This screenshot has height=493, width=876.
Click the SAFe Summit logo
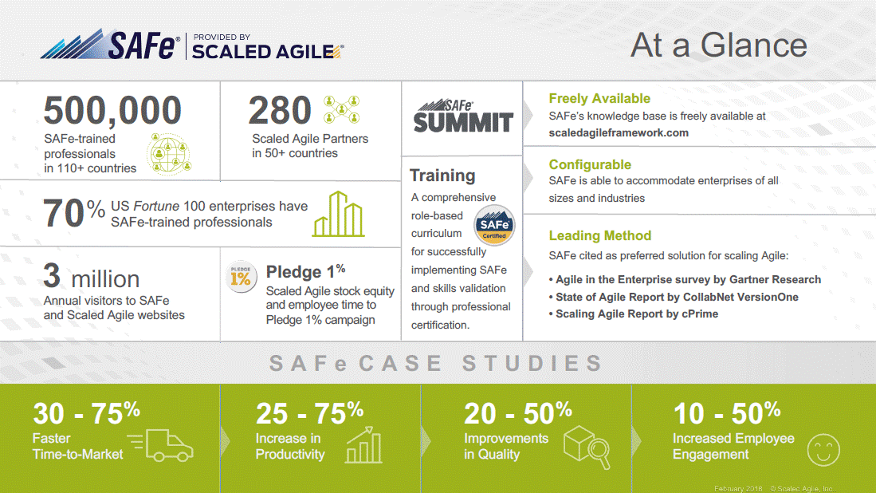coord(462,116)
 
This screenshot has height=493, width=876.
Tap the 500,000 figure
coord(113,110)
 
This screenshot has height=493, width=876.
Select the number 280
coord(280,110)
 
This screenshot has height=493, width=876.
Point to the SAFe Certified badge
coord(494,226)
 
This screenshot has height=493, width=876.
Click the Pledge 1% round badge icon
coord(241,277)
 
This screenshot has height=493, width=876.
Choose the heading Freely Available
coord(599,99)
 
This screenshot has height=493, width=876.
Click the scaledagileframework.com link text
coord(619,133)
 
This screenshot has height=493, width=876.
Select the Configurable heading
coord(590,165)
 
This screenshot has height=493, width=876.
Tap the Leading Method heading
coord(600,236)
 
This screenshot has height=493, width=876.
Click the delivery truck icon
coord(161,445)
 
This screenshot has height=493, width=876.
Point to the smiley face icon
coord(823,450)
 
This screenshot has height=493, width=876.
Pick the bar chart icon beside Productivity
coord(364,445)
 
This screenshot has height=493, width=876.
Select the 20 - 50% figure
coord(518,414)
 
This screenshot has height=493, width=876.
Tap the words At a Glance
coord(719,45)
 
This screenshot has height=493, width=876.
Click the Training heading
coord(442,176)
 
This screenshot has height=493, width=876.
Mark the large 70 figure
coord(65,214)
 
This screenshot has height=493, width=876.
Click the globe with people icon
coord(169,154)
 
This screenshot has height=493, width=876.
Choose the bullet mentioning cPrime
coord(634,314)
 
